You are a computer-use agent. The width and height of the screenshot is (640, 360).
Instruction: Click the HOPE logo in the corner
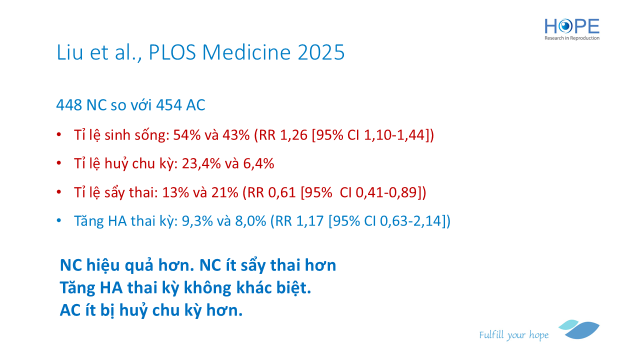tap(571, 29)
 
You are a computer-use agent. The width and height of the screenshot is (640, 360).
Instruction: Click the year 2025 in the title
tap(321, 52)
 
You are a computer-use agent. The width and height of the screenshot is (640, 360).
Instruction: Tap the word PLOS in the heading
tap(172, 52)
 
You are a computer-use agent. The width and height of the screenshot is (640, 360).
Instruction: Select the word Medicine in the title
tap(246, 52)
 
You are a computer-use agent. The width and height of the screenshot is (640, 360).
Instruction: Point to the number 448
tap(69, 105)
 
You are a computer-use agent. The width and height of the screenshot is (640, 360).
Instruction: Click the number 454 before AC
tap(169, 105)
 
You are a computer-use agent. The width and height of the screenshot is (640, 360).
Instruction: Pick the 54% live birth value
tap(187, 135)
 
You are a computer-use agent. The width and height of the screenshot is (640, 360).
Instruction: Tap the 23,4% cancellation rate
tap(201, 163)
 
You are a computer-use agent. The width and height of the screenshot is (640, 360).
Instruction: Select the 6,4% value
tap(258, 163)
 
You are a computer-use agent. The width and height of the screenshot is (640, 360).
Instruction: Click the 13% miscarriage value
tap(175, 192)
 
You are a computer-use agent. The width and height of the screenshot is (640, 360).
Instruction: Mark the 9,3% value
tap(197, 221)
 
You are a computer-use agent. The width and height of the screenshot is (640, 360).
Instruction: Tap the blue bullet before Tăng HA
tap(59, 220)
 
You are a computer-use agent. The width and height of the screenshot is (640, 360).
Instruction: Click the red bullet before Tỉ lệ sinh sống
tap(59, 134)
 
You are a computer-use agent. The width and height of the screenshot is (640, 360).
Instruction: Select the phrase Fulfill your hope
tap(513, 335)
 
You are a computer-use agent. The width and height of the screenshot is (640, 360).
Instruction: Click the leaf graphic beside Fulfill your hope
tap(579, 329)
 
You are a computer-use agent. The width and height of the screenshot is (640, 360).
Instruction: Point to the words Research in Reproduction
tap(571, 38)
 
